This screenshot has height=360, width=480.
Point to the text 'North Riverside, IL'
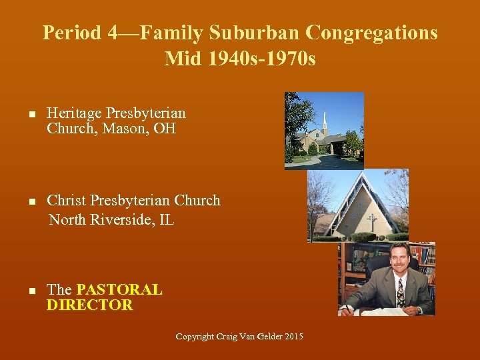coord(111,219)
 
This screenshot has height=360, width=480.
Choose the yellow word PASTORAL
coord(119,290)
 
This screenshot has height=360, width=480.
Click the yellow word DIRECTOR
coord(89,305)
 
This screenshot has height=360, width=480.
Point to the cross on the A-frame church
coord(371,221)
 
